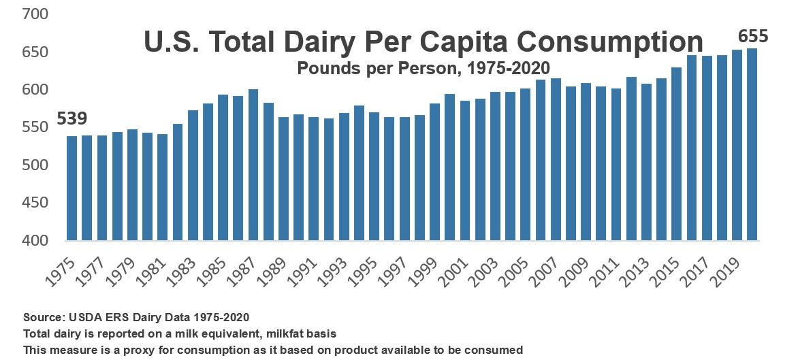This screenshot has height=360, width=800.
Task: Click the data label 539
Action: point(71,119)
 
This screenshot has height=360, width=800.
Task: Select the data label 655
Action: point(752,37)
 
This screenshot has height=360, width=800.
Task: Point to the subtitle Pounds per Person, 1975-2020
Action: point(423,67)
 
